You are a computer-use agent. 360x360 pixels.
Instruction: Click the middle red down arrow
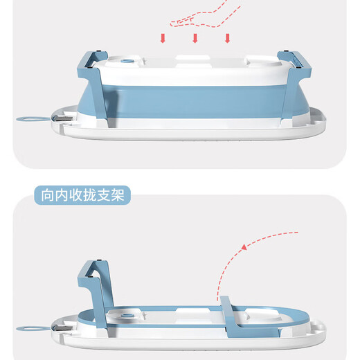tap(195, 37)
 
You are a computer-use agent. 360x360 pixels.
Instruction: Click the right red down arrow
tap(226, 37)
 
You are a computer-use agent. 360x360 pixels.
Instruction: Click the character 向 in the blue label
tap(48, 195)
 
